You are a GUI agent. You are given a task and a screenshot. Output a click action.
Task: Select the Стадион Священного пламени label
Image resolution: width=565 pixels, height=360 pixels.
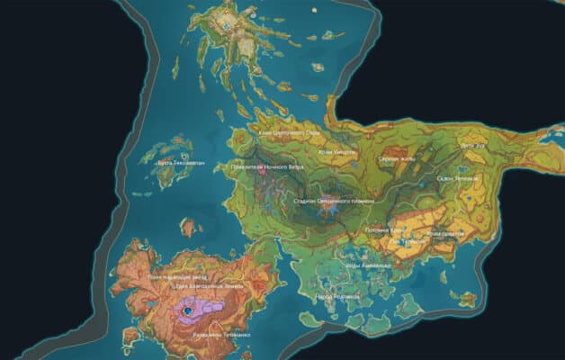tap(334, 202)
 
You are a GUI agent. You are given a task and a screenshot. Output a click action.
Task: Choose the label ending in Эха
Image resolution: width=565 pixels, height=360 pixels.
tap(471, 145)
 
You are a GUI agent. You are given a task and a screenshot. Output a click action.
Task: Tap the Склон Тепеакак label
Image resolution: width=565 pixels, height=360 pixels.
tap(458, 178)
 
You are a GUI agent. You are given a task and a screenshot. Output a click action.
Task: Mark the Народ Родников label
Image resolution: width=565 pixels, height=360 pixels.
tap(337, 295)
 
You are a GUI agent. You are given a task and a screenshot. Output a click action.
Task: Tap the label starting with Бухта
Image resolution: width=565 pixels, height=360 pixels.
tap(181, 163)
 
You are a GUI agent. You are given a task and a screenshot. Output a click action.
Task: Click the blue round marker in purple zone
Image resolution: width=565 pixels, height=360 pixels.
tap(188, 310)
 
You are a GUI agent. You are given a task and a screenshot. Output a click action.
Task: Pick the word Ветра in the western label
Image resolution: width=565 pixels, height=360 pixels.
tap(287, 166)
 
